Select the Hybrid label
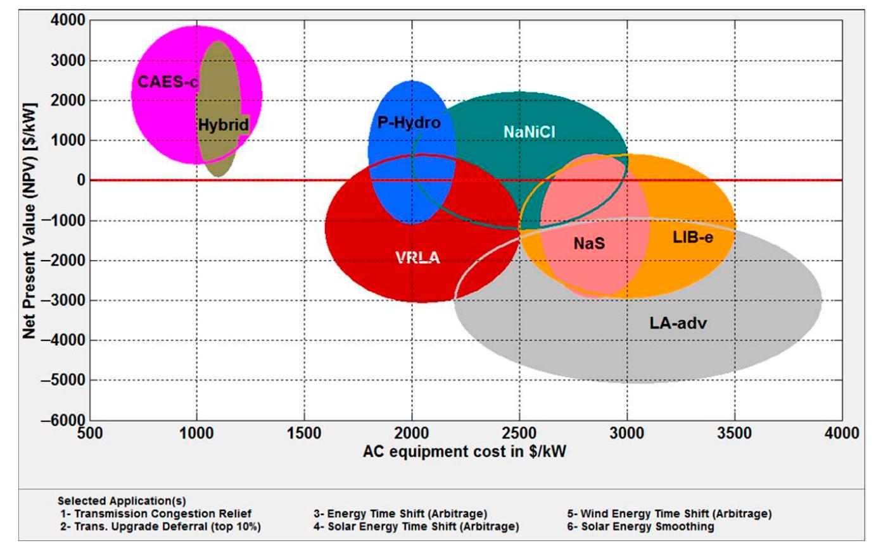pos(223,125)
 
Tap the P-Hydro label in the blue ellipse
pos(409,123)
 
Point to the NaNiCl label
pos(530,132)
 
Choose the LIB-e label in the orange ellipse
pos(693,237)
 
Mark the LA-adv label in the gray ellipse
pos(678,323)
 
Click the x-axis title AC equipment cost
pos(468,452)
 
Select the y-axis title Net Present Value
pos(29,220)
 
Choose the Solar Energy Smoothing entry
pos(641,526)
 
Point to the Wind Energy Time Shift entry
pos(670,514)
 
